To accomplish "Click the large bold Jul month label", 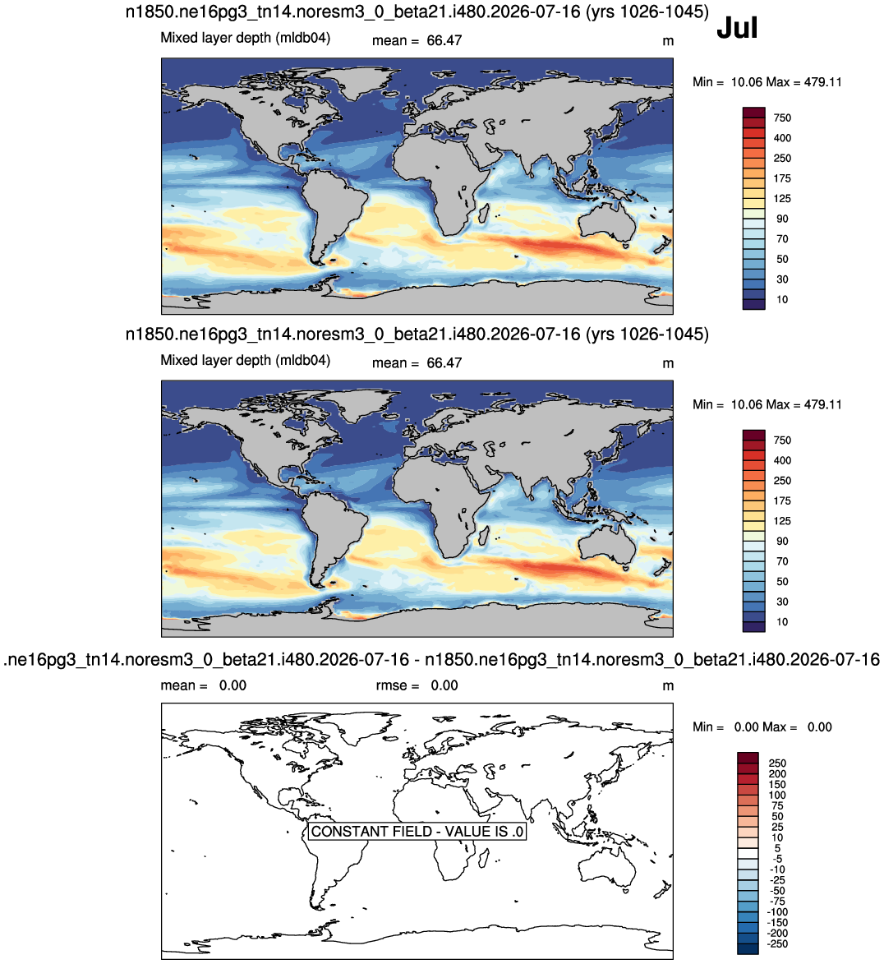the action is [737, 28].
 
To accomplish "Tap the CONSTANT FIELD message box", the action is [417, 831].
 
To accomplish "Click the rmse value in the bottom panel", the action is [444, 685].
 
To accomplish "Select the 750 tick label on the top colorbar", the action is [782, 118].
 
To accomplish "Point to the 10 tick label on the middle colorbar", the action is [782, 621].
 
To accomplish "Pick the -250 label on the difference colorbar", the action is [778, 943].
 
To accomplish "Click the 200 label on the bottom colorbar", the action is [777, 773].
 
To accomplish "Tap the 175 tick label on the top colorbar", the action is [782, 178].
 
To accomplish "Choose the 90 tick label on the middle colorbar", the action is [782, 541].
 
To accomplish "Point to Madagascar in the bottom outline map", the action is [485, 858].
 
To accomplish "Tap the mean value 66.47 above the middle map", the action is [444, 362].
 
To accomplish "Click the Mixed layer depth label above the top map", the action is [246, 38].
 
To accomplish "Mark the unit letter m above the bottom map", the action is [668, 686].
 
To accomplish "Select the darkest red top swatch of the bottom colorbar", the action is [748, 758].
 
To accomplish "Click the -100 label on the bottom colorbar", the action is [778, 911].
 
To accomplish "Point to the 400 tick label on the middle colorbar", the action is [782, 460].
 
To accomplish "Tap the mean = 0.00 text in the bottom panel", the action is [204, 685].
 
